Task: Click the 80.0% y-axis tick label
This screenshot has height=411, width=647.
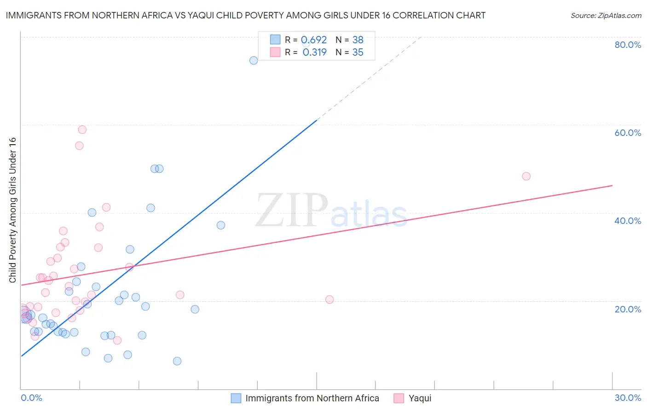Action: coord(628,45)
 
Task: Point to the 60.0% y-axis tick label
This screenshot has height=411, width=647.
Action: coord(628,133)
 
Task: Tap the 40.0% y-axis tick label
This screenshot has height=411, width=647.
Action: coord(628,221)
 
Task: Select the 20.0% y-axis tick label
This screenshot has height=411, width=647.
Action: coord(628,309)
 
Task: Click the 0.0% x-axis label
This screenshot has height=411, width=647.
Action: coord(31,398)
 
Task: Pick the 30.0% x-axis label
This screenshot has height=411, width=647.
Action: coord(628,398)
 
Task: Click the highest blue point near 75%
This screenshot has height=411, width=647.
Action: coord(254,60)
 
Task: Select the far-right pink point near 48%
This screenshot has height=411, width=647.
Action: coord(526,176)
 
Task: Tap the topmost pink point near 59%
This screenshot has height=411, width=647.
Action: coord(82,129)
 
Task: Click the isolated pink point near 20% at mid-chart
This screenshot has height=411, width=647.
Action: coord(329,299)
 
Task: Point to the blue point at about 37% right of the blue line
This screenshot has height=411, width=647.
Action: coord(221,225)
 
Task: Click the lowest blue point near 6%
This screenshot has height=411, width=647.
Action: coord(177,361)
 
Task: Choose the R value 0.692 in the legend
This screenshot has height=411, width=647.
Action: coord(314,40)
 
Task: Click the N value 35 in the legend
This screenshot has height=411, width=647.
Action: coord(358,53)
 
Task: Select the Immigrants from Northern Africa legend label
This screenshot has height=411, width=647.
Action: coord(312,398)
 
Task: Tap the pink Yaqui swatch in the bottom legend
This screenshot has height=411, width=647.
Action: coord(399,398)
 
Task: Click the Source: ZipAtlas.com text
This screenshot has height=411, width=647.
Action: coord(606,16)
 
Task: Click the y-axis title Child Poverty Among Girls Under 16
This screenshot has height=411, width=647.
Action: coord(12,210)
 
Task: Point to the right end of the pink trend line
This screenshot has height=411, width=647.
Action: coord(612,185)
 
